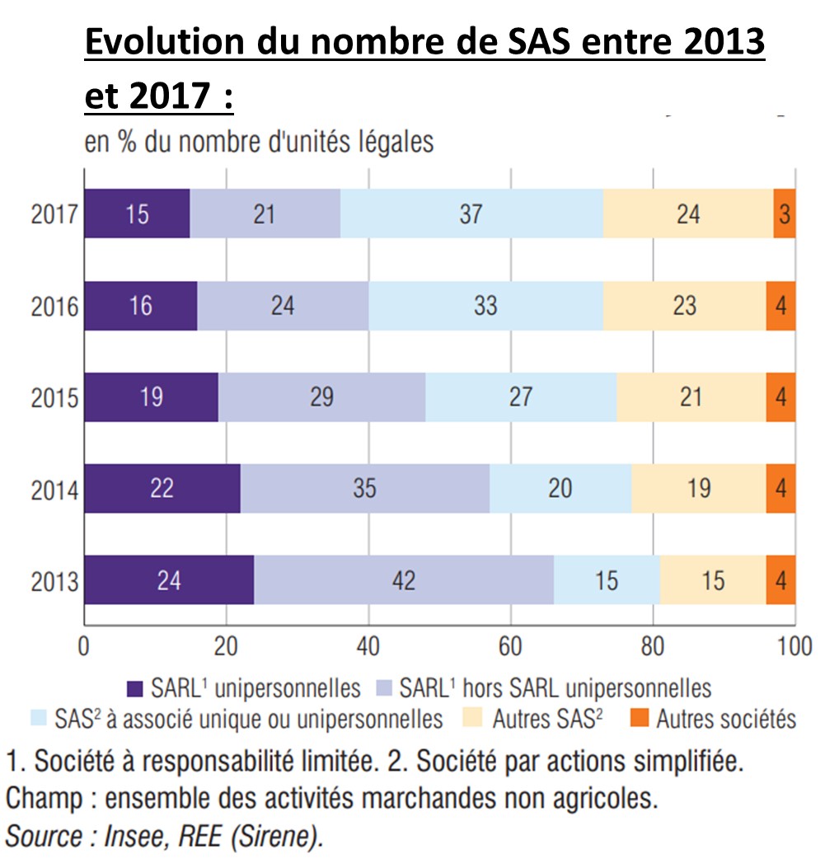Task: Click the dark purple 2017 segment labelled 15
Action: pyautogui.click(x=137, y=214)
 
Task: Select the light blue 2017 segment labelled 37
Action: pyautogui.click(x=471, y=214)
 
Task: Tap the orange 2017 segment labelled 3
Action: pyautogui.click(x=784, y=214)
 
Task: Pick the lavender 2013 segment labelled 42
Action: pyautogui.click(x=403, y=580)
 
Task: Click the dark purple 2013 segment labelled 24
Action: pyautogui.click(x=168, y=580)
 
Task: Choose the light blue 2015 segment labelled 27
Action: pyautogui.click(x=521, y=397)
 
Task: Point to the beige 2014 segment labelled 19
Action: pyautogui.click(x=699, y=489)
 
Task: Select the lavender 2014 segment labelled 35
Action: pyautogui.click(x=364, y=489)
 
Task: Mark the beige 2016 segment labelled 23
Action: pyautogui.click(x=685, y=306)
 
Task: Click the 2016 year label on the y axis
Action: pyautogui.click(x=55, y=307)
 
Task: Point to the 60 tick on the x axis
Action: pyautogui.click(x=510, y=646)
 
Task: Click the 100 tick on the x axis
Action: pyautogui.click(x=794, y=646)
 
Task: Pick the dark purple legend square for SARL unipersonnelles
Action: pyautogui.click(x=136, y=688)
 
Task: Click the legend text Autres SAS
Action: pyautogui.click(x=547, y=719)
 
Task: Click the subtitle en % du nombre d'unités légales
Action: pyautogui.click(x=260, y=142)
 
